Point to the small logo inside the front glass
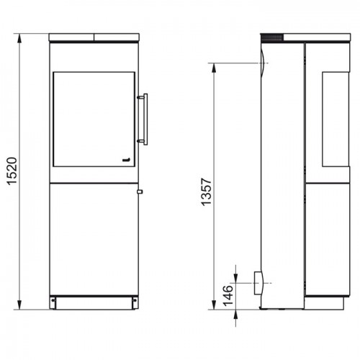[125, 159]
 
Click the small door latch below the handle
[139, 192]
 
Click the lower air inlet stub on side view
[259, 283]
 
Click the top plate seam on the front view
[94, 36]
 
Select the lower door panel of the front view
[94, 238]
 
